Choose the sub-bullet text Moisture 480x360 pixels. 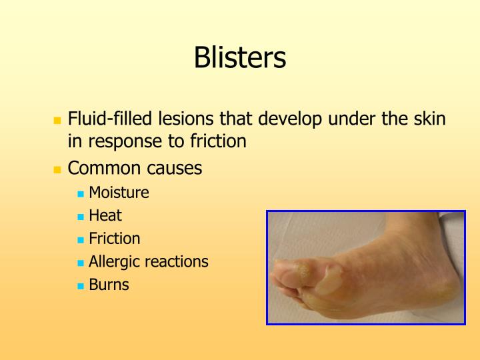(119, 193)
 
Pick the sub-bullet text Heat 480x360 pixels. (105, 216)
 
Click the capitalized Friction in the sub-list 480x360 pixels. (115, 239)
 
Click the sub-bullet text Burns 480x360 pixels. (109, 285)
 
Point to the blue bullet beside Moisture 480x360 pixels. (81, 194)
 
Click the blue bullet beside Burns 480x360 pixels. (81, 285)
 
